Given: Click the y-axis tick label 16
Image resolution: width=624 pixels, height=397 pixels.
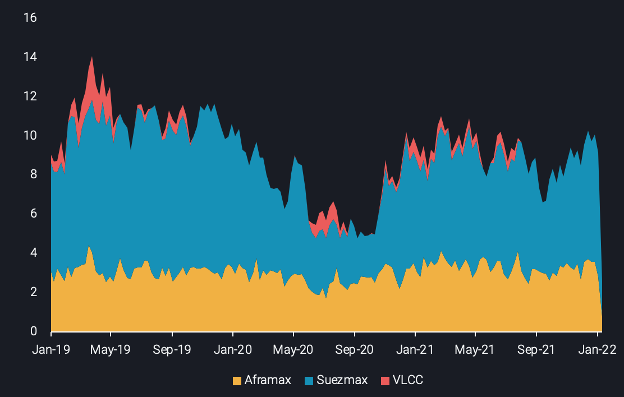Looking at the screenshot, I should click(x=30, y=18).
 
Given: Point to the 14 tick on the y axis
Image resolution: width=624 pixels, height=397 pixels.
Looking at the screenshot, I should click(x=30, y=57).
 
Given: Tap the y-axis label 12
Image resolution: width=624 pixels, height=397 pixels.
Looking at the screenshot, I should click(x=30, y=96).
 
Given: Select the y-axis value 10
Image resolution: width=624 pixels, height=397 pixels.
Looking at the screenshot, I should click(x=30, y=136).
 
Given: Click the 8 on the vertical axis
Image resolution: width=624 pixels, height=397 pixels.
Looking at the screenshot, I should click(x=33, y=174).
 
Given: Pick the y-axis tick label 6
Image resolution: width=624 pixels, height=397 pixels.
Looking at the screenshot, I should click(x=33, y=214).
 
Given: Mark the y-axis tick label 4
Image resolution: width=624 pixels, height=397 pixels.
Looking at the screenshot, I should click(x=33, y=253).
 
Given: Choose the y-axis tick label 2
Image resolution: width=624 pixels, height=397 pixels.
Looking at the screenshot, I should click(x=33, y=292).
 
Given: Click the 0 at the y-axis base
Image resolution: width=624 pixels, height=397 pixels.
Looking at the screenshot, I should click(x=33, y=331).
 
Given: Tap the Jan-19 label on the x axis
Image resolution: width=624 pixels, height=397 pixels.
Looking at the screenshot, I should click(x=51, y=350).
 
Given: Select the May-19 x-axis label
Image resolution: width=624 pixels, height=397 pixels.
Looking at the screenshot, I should click(x=111, y=350).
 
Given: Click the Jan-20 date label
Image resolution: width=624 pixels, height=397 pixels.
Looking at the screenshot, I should click(x=233, y=350).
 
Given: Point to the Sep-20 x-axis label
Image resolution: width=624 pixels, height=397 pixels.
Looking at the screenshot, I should click(x=355, y=350).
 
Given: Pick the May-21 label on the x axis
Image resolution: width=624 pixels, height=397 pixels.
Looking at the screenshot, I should click(x=475, y=350).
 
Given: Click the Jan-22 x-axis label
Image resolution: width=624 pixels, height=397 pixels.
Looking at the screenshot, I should click(x=598, y=350).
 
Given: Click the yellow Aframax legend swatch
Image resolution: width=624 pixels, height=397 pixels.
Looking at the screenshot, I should click(x=237, y=381).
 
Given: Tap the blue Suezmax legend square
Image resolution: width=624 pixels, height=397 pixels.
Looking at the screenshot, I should click(x=309, y=381).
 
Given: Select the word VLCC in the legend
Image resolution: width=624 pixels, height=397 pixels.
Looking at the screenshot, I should click(x=408, y=380).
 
